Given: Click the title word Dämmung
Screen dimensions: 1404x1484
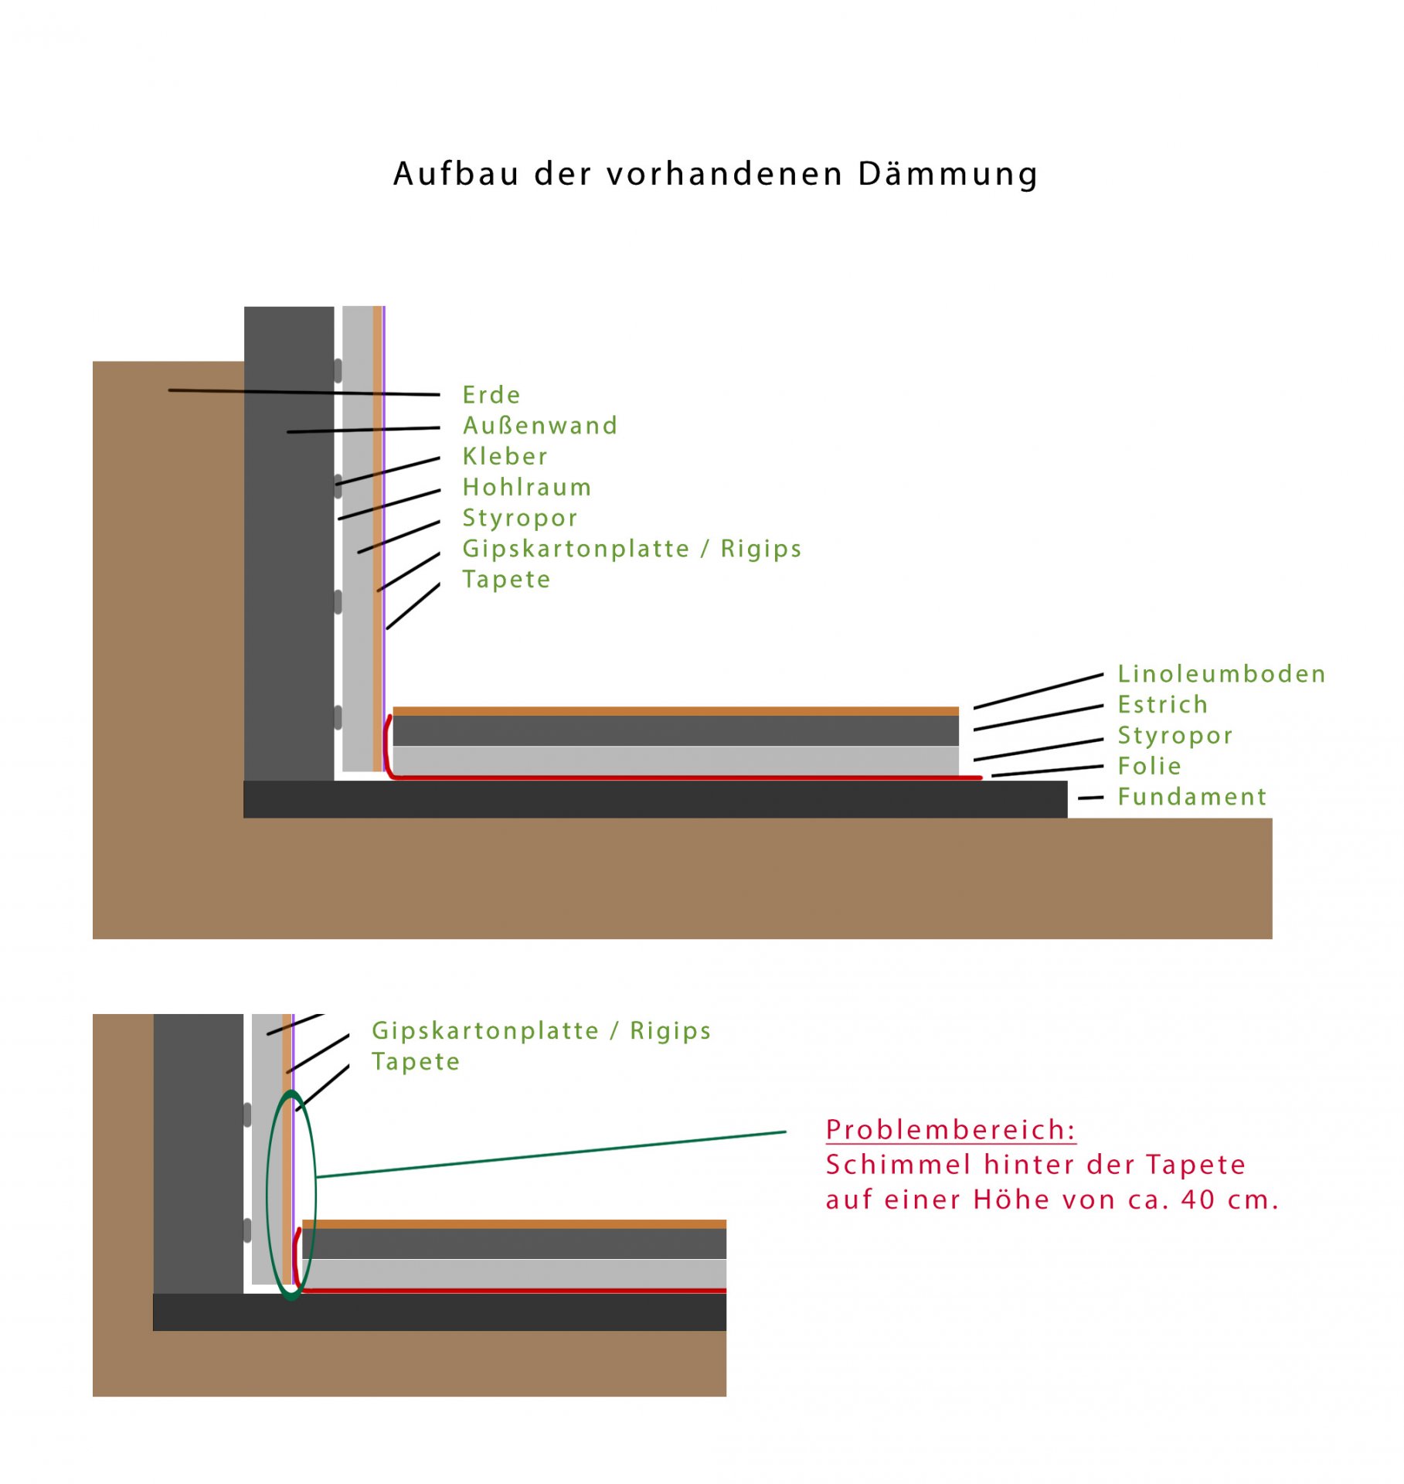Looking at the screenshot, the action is [x=947, y=174].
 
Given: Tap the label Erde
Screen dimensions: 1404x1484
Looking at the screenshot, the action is [x=491, y=395].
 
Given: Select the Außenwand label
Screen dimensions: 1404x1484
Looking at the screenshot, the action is [x=540, y=426].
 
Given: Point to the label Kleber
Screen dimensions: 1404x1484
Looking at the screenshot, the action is [x=505, y=456].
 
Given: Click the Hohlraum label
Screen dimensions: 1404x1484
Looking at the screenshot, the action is [x=527, y=487].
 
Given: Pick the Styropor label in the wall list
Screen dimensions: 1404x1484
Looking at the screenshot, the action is [x=520, y=519].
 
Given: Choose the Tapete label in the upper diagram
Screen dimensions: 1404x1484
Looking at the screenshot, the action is [x=506, y=580].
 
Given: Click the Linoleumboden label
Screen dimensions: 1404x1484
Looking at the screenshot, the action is [x=1221, y=674].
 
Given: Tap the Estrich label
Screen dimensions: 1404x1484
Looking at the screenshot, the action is [x=1162, y=705].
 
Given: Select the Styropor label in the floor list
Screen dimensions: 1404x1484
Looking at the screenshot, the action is [x=1175, y=737].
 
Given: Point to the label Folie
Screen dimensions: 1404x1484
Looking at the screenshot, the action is [x=1150, y=766].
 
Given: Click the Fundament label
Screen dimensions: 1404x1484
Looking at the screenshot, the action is [x=1192, y=797].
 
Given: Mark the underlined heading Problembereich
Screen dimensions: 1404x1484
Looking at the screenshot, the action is [x=950, y=1130].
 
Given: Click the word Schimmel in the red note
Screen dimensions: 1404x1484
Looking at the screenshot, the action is [x=899, y=1165].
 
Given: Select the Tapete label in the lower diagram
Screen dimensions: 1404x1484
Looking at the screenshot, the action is [x=416, y=1062].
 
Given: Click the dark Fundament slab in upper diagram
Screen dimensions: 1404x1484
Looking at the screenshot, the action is [x=655, y=799].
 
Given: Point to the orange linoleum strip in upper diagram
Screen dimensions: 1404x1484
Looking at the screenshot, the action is [x=676, y=711].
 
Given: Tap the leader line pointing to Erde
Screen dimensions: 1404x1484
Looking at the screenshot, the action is [x=304, y=393].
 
